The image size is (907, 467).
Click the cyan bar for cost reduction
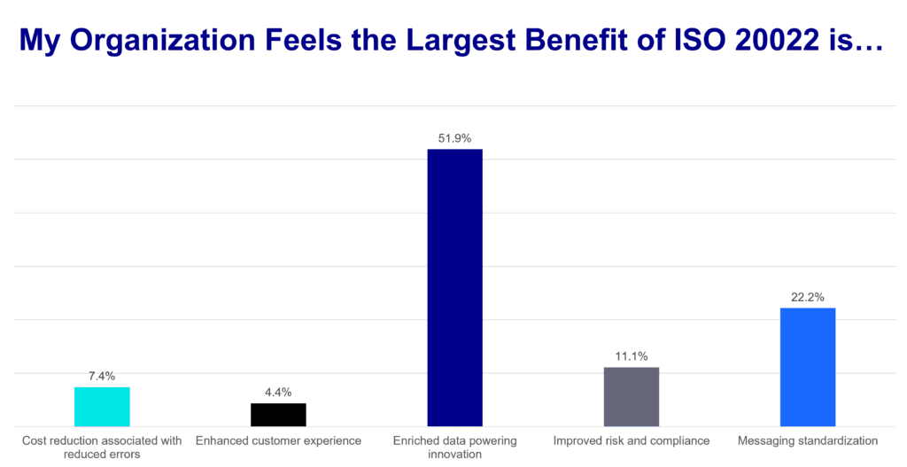click(x=102, y=406)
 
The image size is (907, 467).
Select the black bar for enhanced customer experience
click(x=278, y=415)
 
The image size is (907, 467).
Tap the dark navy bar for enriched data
click(x=454, y=287)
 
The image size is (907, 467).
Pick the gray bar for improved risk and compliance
click(x=631, y=396)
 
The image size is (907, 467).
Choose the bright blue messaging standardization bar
click(x=807, y=367)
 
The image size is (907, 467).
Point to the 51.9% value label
click(x=455, y=138)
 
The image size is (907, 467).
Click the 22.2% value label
click(x=808, y=297)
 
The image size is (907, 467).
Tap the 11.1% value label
click(x=632, y=356)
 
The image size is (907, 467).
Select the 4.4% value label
click(x=278, y=392)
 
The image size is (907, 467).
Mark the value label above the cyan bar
click(x=102, y=376)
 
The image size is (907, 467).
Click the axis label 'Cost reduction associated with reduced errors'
click(x=102, y=446)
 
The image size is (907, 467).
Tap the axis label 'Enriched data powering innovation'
click(x=454, y=446)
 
